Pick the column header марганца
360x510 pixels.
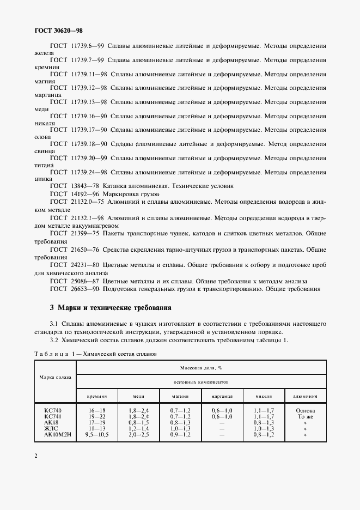click(222, 397)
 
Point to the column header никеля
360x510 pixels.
click(264, 397)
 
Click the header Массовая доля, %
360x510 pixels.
click(201, 368)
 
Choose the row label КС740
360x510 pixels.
click(53, 410)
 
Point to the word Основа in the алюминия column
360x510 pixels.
click(306, 410)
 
